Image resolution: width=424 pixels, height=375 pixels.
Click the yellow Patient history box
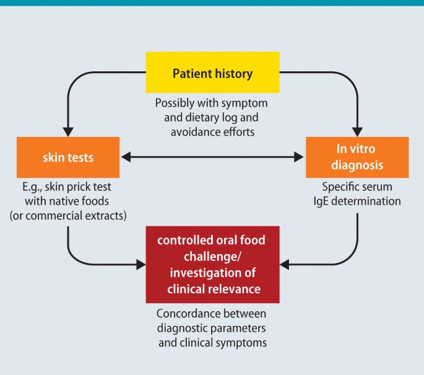click(x=212, y=73)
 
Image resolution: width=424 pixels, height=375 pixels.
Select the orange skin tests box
click(x=68, y=157)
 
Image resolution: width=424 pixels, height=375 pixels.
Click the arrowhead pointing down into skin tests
click(x=68, y=131)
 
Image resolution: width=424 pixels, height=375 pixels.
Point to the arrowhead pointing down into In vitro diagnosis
click(x=357, y=131)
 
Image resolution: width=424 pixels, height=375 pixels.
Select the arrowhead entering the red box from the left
click(x=141, y=264)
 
